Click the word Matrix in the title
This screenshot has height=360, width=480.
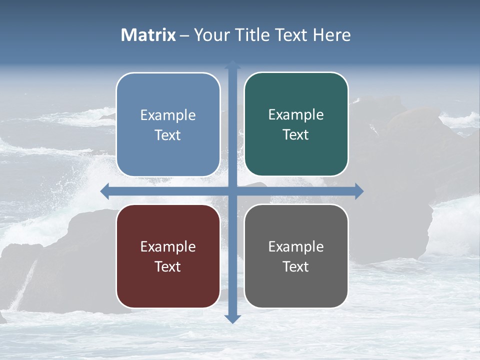click(x=148, y=35)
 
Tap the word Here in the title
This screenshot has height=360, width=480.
click(x=331, y=35)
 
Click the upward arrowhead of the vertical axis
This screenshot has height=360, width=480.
click(x=232, y=65)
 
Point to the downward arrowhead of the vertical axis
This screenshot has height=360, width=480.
click(x=232, y=318)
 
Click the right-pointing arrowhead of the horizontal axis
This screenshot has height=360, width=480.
click(x=359, y=191)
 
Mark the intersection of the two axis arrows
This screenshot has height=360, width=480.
click(x=232, y=191)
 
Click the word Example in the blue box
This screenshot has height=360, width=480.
click(x=168, y=115)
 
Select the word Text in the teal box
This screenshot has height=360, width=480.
click(x=296, y=135)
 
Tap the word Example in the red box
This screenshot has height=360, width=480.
click(x=168, y=247)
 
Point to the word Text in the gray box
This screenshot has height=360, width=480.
click(x=296, y=267)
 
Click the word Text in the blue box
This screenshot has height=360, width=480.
click(x=168, y=135)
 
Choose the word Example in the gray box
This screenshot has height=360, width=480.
click(x=296, y=247)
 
